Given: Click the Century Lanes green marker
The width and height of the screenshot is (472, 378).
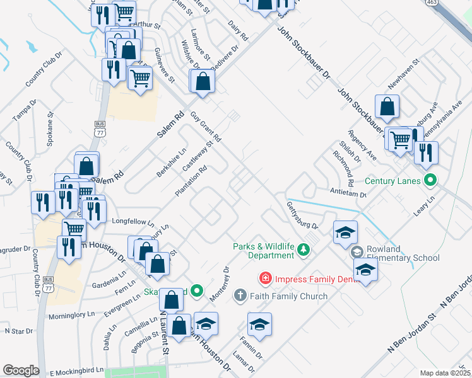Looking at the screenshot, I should [431, 180].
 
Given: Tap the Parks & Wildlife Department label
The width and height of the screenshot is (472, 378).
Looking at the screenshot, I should [264, 251].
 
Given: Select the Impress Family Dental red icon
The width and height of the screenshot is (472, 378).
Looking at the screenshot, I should [266, 278].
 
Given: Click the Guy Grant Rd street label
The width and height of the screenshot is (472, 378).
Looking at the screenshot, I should [206, 127].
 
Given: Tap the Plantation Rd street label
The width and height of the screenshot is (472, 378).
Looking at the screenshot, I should [191, 181].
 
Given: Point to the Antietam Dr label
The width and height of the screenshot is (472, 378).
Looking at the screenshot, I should [347, 192].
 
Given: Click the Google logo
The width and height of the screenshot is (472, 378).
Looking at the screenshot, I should [21, 370].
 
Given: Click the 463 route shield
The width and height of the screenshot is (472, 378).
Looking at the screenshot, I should [432, 3].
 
